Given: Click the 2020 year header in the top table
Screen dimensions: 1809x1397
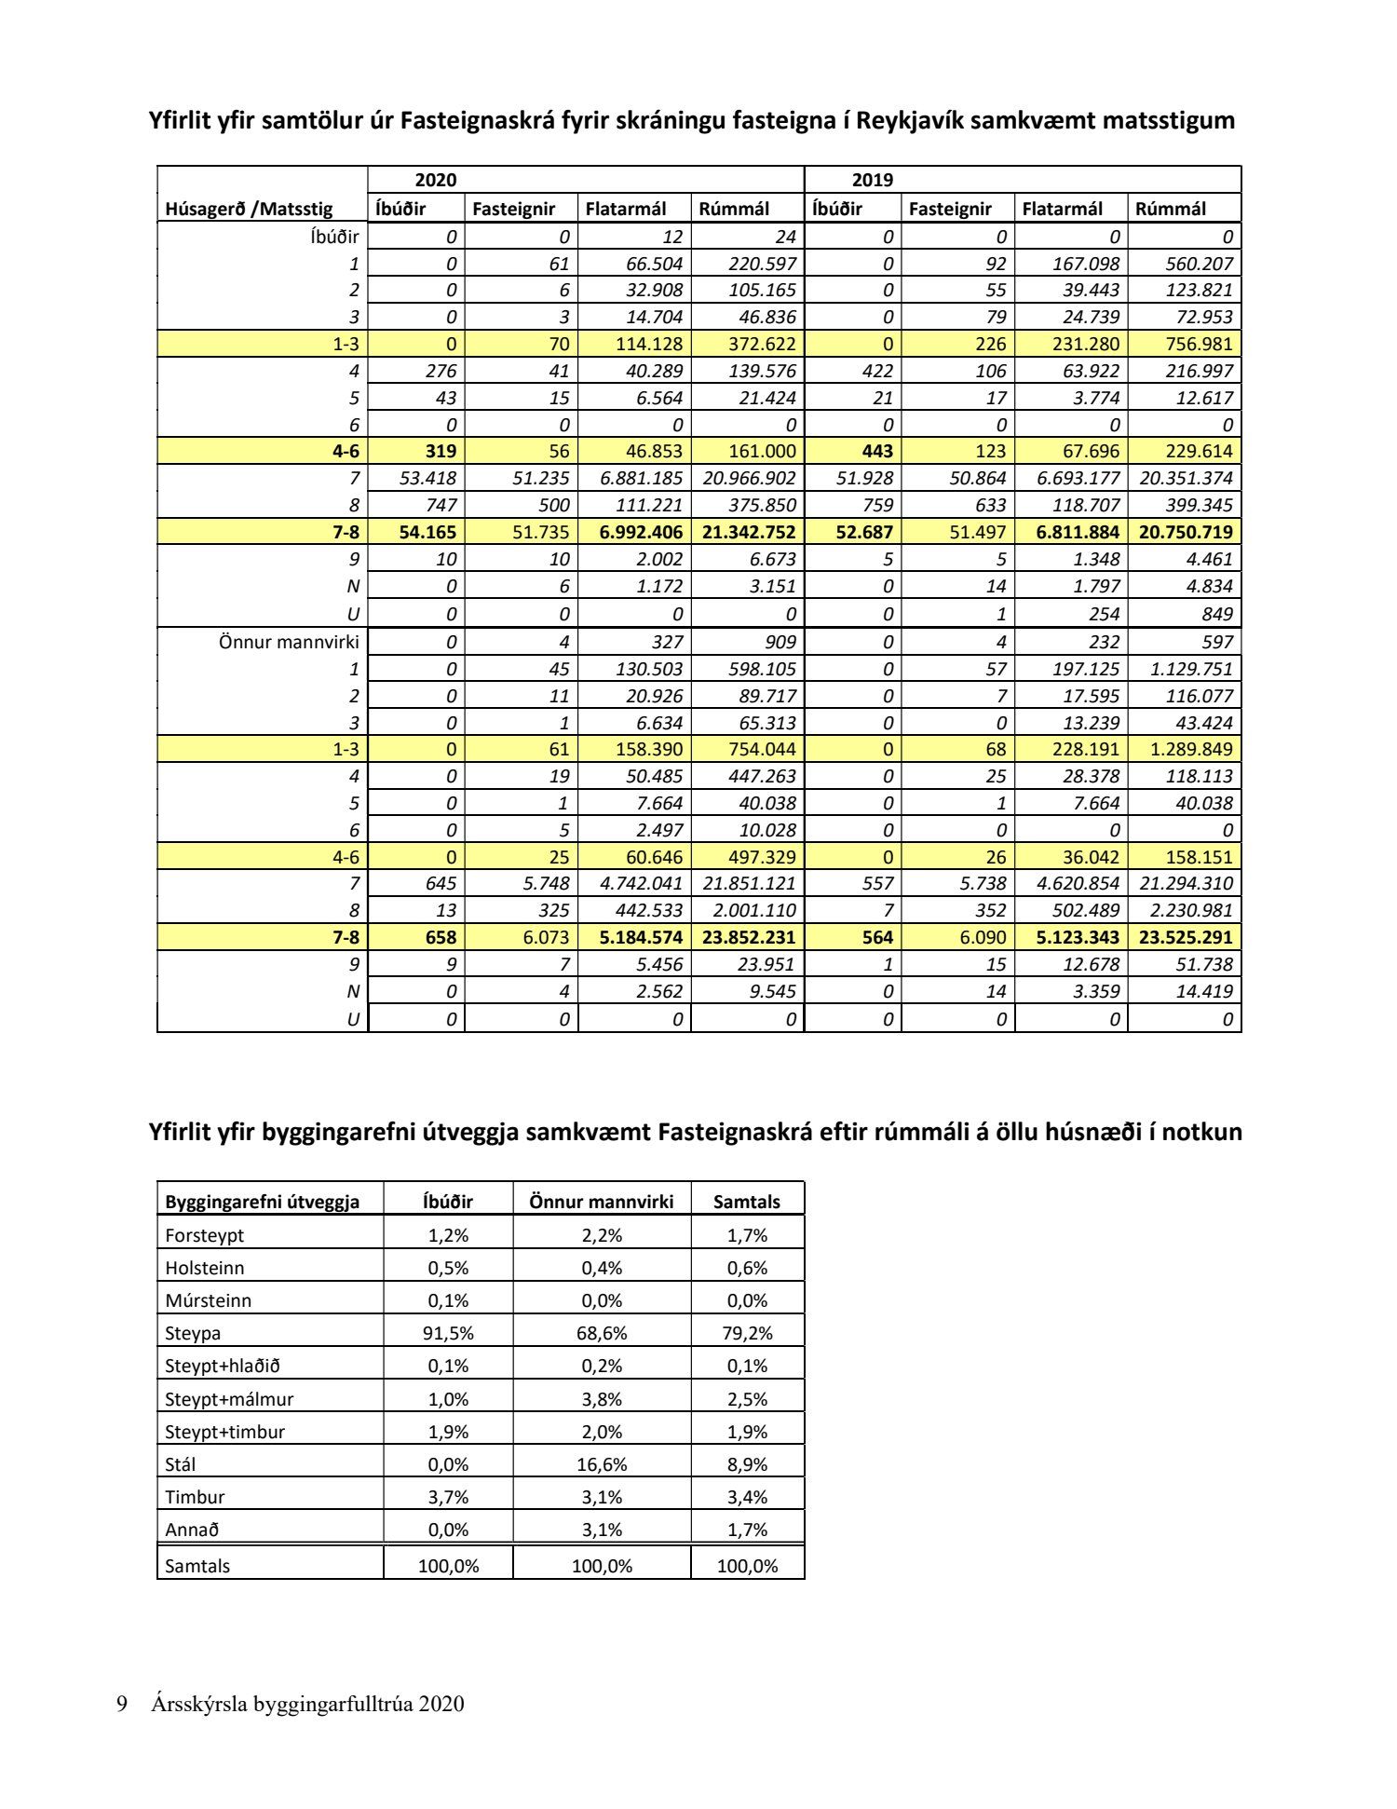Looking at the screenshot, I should tap(435, 180).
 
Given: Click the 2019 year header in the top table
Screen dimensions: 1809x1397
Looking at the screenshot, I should tap(872, 180).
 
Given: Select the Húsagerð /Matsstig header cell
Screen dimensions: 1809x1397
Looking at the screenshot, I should tap(249, 209).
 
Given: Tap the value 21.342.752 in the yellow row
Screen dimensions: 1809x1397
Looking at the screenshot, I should tap(748, 532).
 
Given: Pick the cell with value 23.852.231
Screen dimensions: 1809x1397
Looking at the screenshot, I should tap(748, 937).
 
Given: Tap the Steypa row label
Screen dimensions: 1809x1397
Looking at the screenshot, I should tap(193, 1333).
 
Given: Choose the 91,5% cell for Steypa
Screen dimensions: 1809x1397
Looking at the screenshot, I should tap(448, 1333).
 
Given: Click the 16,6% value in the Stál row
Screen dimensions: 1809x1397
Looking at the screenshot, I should tap(602, 1464).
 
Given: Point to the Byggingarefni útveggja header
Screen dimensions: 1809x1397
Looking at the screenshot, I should tap(262, 1202).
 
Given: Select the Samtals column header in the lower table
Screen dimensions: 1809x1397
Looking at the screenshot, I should tap(746, 1202).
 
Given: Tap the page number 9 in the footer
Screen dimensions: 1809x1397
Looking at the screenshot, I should tap(122, 1704).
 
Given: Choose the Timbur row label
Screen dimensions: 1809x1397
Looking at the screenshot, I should tap(195, 1497).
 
